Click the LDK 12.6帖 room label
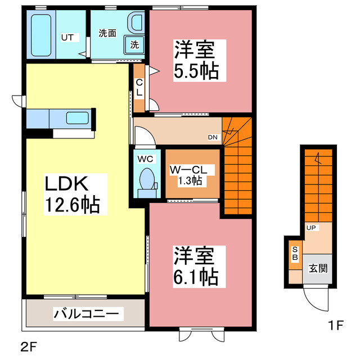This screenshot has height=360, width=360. [72, 194]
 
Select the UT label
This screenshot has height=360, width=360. [67, 38]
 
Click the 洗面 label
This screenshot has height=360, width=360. [107, 33]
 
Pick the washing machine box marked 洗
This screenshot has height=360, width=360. [135, 43]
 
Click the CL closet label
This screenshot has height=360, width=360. [139, 87]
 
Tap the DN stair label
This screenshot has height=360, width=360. [213, 137]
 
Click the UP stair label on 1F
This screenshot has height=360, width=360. [310, 228]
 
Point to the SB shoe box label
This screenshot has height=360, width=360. [294, 254]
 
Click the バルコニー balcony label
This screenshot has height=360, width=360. [85, 313]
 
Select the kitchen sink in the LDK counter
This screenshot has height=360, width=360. [77, 118]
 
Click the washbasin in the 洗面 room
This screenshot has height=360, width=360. [136, 23]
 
